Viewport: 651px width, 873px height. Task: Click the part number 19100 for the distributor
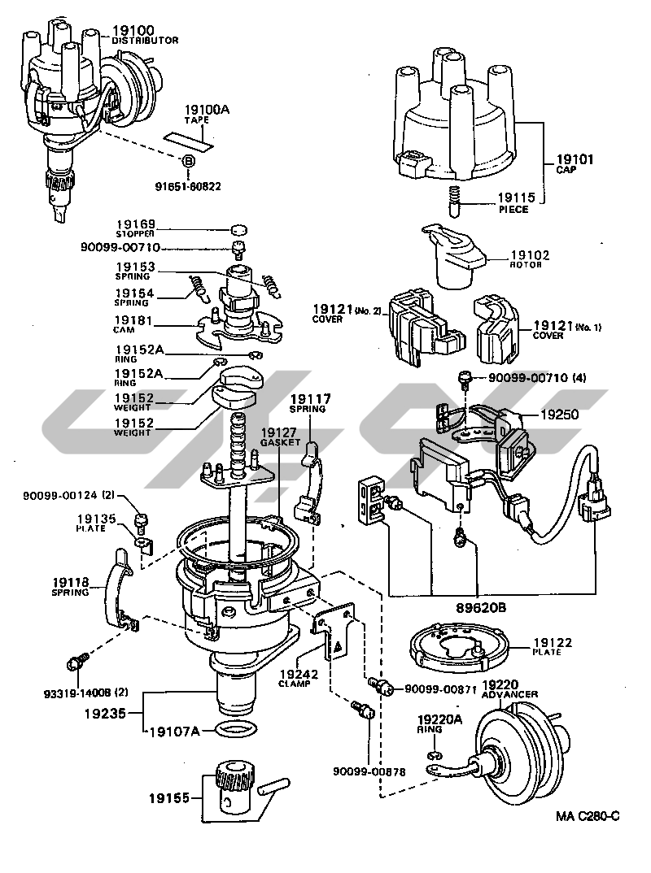(133, 31)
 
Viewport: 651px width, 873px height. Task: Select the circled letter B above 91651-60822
(187, 162)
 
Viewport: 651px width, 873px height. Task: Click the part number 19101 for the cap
(575, 159)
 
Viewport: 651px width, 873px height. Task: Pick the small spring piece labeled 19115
(456, 200)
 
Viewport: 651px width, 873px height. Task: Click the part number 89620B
(478, 606)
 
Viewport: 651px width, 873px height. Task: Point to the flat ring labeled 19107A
(242, 729)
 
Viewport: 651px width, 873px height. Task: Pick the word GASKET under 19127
(280, 443)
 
